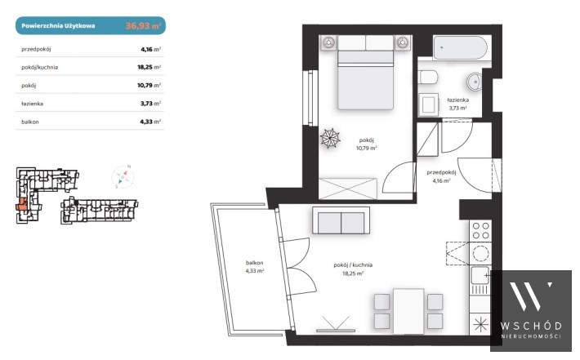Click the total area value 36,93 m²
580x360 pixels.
tap(143, 26)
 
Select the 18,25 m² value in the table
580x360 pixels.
tap(149, 67)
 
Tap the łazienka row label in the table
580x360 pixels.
tap(32, 104)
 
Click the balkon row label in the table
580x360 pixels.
tap(30, 122)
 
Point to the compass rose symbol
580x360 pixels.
tap(123, 176)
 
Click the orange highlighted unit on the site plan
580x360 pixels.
tap(21, 204)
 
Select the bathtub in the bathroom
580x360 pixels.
tap(460, 47)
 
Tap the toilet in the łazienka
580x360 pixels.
tap(428, 78)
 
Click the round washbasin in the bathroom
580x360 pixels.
tap(474, 82)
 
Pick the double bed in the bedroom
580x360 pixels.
tap(365, 73)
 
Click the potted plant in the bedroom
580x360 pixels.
tap(330, 138)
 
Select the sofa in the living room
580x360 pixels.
tap(341, 220)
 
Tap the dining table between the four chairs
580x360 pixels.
tap(408, 311)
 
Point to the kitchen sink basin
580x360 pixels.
tap(480, 275)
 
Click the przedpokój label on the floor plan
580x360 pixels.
tap(441, 172)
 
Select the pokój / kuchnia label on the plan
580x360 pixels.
tap(353, 265)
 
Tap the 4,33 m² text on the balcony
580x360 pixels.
tap(255, 271)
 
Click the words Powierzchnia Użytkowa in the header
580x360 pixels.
tap(58, 26)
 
